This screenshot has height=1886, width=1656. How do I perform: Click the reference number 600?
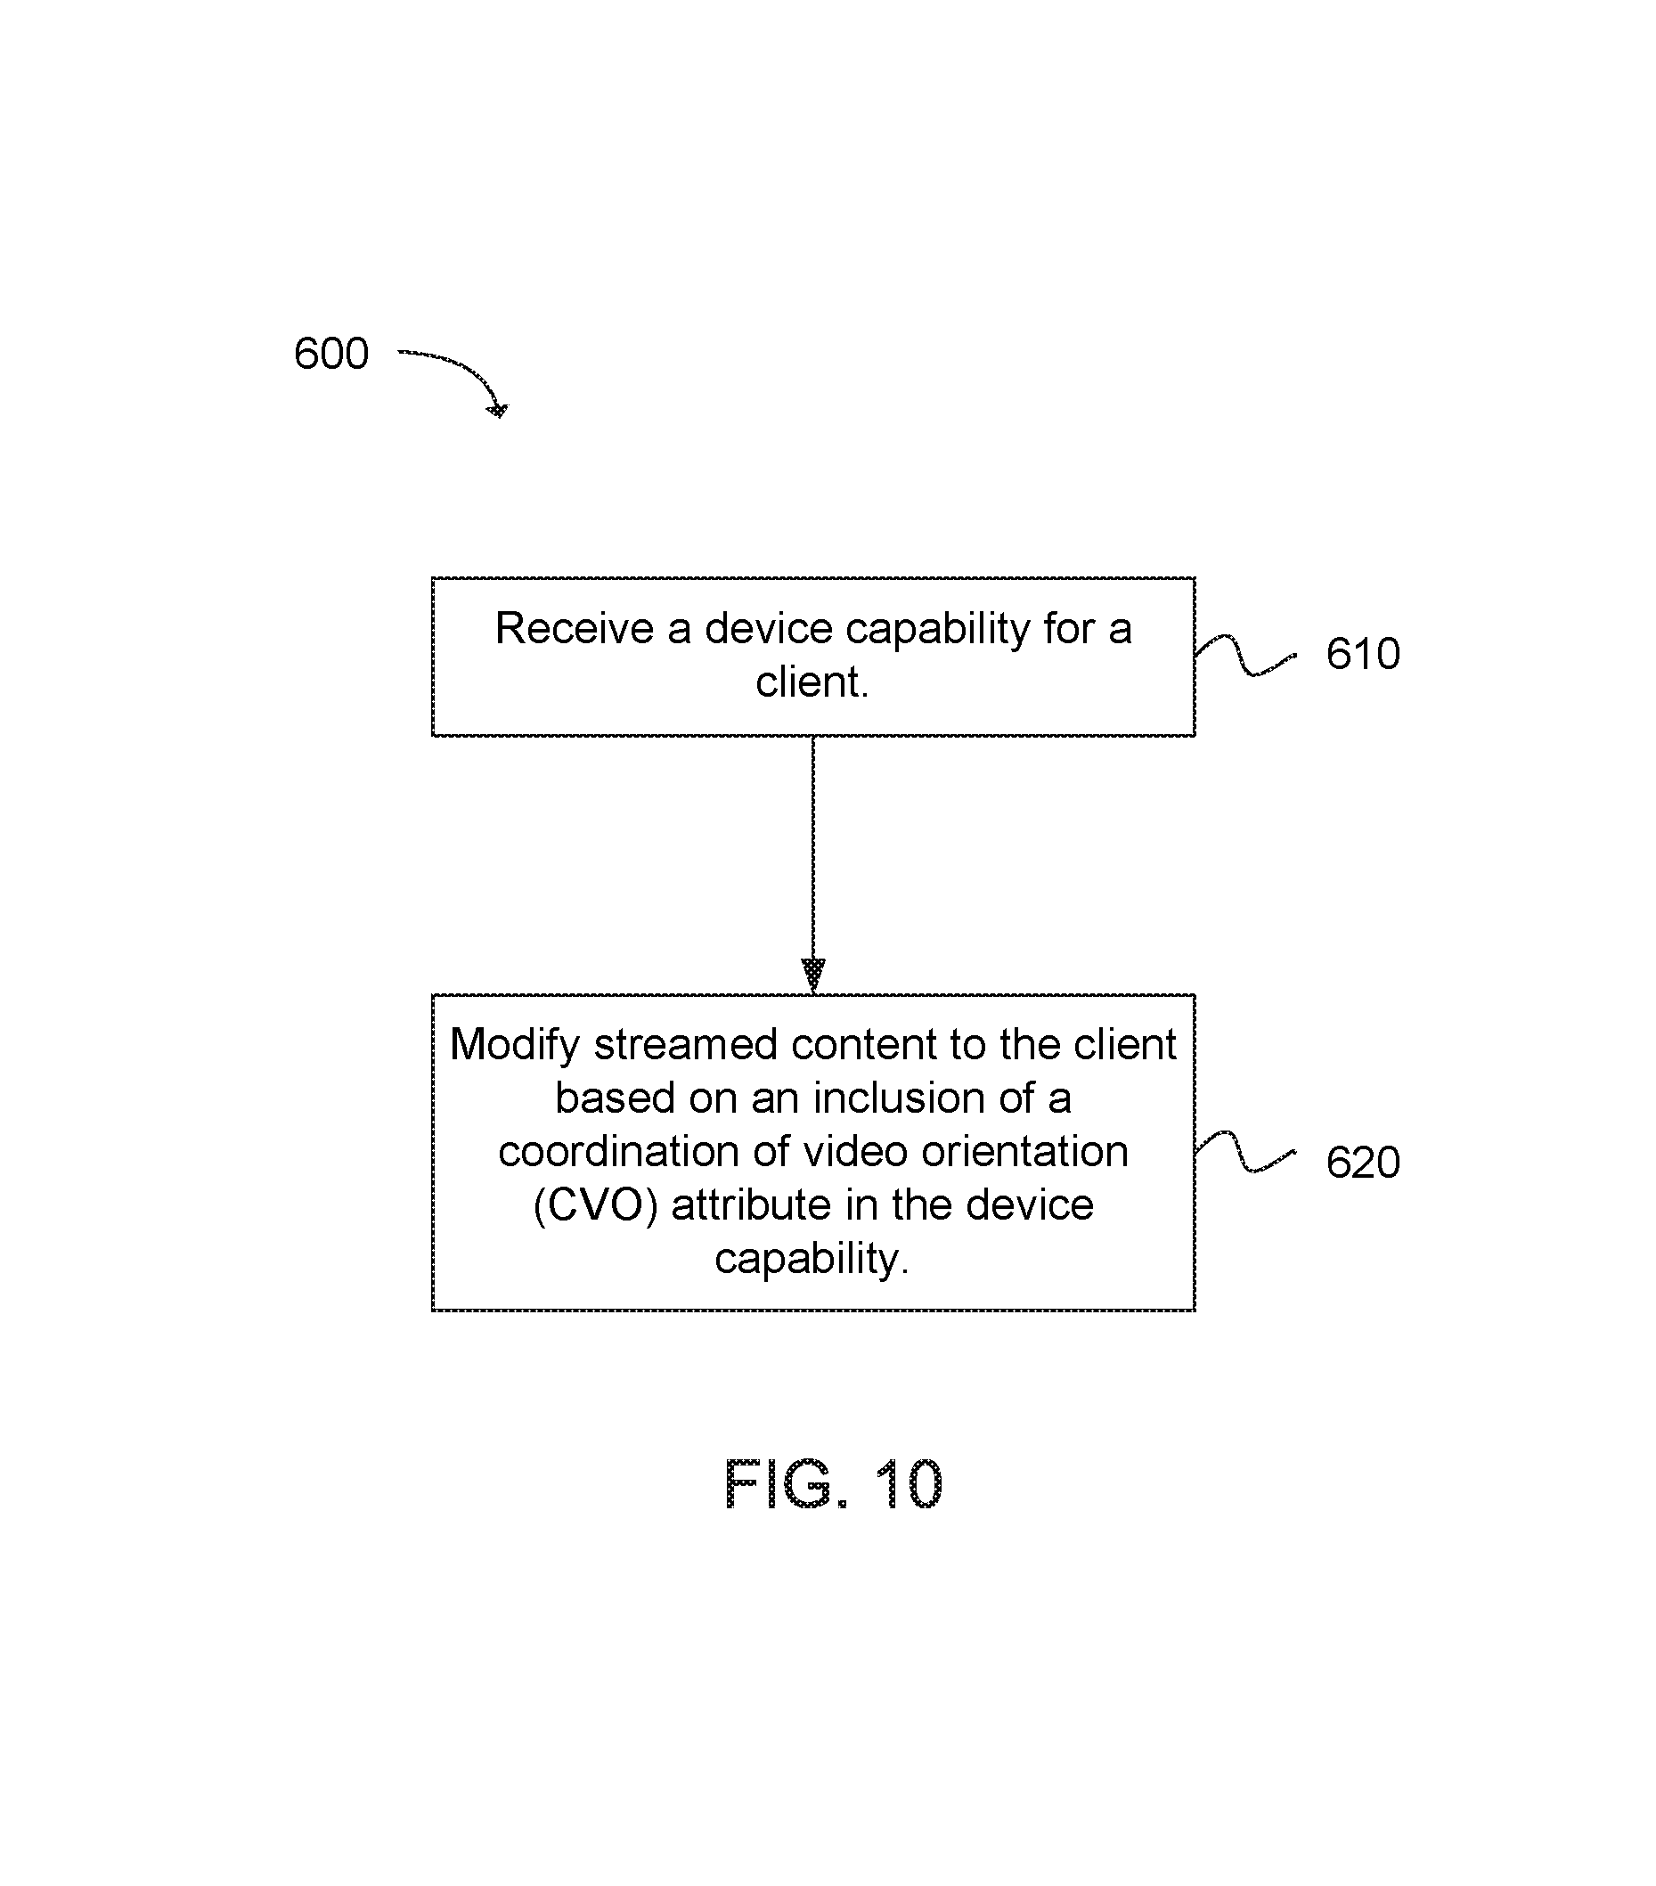coord(330,354)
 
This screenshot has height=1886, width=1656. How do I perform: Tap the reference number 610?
coord(1362,654)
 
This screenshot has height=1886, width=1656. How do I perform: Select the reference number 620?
coord(1362,1163)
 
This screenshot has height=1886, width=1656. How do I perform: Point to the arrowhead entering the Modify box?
coord(812,975)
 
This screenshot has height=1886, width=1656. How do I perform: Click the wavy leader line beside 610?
coord(1245,655)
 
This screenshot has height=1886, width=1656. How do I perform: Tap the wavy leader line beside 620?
coord(1245,1154)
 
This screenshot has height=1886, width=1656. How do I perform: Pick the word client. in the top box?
coord(812,682)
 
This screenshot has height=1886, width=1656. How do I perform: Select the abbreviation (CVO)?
coord(595,1206)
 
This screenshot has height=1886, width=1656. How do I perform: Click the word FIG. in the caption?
coord(784,1484)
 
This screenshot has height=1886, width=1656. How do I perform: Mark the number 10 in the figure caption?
coord(908,1484)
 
